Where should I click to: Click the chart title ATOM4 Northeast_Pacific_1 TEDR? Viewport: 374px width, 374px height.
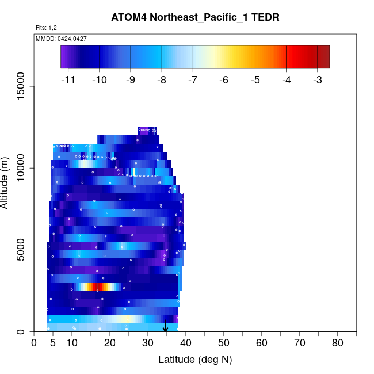tap(195, 17)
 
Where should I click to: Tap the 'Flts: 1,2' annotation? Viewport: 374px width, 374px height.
tap(46, 27)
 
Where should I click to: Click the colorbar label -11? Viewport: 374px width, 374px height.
tap(68, 81)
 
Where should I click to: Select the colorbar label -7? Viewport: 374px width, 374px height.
tap(193, 81)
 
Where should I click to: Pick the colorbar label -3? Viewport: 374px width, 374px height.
tap(317, 81)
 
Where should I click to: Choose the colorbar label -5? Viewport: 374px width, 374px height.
tap(255, 81)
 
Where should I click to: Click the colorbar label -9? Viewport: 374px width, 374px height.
tap(131, 81)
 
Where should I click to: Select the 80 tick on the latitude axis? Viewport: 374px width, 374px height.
tap(338, 344)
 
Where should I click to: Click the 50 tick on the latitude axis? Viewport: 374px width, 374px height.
tap(224, 344)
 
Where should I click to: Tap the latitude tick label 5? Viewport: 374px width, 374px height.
tap(53, 344)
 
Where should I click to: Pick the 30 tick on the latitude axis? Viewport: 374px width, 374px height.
tap(148, 344)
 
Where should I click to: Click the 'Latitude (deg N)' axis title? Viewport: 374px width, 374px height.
tap(195, 360)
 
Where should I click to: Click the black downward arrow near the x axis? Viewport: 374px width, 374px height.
tap(166, 326)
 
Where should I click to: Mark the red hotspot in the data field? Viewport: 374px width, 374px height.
tap(98, 286)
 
